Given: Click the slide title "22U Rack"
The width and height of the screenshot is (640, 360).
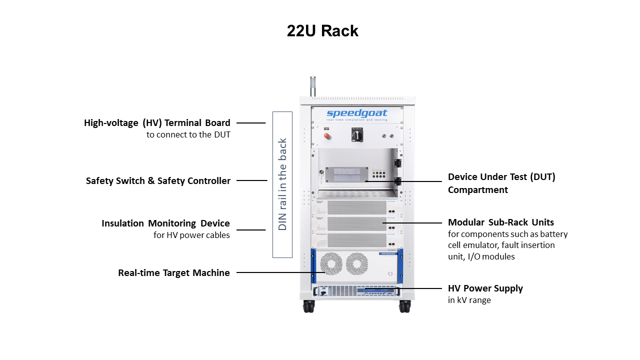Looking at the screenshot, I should pos(322,31).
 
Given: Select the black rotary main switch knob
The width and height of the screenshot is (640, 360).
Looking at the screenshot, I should pos(357,135).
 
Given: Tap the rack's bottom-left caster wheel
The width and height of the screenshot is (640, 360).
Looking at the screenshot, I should pos(309,306).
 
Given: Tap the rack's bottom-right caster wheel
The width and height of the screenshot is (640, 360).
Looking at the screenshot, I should pos(404,306).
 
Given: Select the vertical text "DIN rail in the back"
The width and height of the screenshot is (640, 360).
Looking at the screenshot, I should pos(282,184).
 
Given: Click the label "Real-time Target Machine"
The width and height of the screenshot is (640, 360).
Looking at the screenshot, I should pos(174,273).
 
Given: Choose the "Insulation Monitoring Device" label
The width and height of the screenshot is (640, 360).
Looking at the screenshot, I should pos(165,223).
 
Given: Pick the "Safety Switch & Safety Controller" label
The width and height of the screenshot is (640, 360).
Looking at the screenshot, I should pos(158,181).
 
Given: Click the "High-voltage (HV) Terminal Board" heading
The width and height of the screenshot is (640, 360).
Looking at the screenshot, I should pos(157,123).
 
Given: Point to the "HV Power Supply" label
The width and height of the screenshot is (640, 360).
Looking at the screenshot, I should pos(485,288).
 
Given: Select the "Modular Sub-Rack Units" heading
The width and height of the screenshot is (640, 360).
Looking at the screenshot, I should pos(500,222).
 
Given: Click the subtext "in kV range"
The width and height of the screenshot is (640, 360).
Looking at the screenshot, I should pos(469,300).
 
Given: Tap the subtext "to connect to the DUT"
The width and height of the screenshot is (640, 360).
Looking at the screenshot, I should pos(188,135).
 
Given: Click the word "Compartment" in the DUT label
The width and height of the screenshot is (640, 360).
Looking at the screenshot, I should pos(477,190).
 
